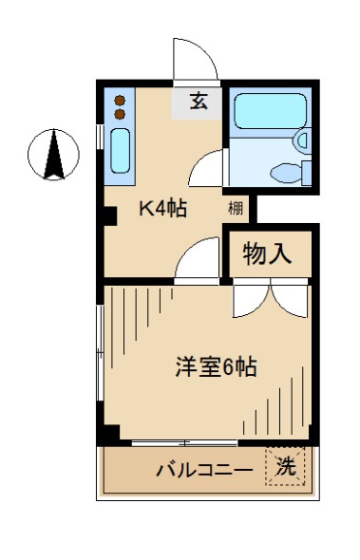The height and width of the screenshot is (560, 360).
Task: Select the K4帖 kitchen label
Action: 163,209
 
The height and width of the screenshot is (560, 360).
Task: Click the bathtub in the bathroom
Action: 266,111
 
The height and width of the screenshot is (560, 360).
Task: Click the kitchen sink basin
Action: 120,149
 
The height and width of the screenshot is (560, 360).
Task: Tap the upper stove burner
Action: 121,100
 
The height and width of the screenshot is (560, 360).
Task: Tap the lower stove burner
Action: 121,114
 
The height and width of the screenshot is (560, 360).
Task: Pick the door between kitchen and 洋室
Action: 197,261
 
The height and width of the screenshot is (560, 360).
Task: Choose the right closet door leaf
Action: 289,300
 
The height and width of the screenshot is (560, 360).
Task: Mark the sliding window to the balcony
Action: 185,442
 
